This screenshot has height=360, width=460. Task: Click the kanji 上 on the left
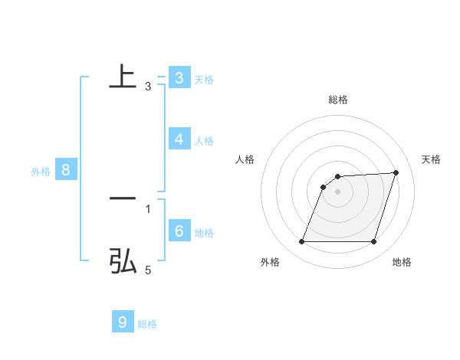123,77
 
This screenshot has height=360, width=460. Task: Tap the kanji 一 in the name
123,198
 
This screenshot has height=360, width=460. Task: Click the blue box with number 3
179,77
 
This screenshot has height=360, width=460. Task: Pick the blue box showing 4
179,139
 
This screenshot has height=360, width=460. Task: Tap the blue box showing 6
179,231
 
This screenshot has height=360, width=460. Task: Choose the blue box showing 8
66,170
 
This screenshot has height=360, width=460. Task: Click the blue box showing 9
123,322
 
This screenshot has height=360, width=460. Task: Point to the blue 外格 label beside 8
41,172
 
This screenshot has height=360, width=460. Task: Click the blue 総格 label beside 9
147,324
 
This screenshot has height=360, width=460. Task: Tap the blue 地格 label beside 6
204,233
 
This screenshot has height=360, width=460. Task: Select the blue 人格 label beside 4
204,141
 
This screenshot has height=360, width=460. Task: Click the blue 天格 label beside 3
204,79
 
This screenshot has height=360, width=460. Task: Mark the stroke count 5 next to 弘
148,270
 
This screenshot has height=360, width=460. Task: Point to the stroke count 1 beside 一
148,208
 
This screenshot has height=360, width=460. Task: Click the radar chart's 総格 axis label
338,100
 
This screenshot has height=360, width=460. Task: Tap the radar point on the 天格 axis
396,172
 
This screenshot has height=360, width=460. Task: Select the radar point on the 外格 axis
301,241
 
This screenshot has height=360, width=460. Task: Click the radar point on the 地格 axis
373,241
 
